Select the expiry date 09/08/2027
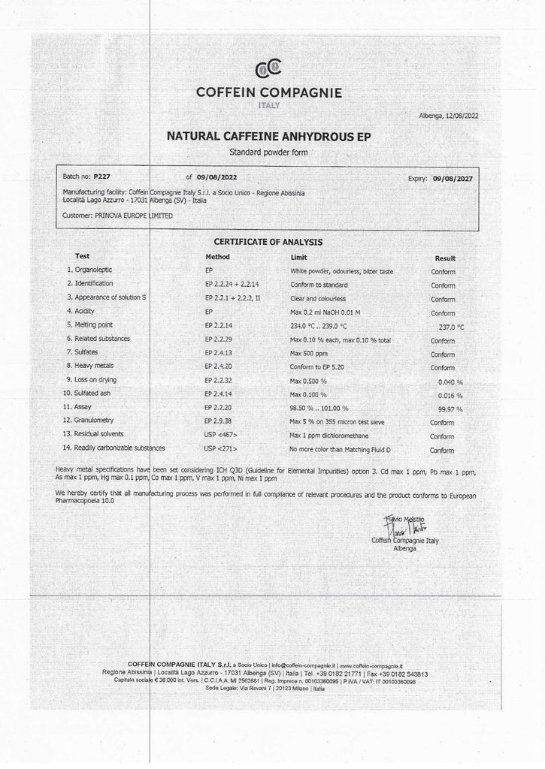(x=458, y=179)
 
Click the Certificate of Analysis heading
(x=268, y=242)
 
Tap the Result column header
(x=445, y=258)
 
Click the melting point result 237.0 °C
(x=450, y=327)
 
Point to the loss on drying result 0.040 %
(x=452, y=381)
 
